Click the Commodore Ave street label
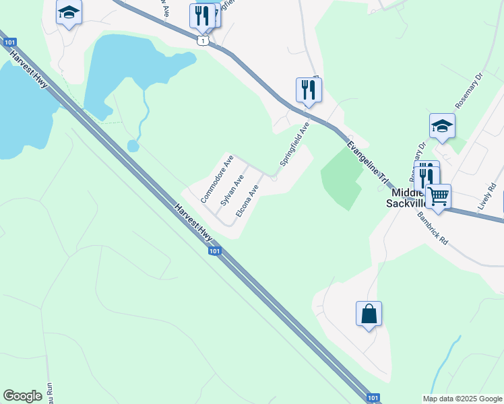click(217, 180)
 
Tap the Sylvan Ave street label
click(232, 192)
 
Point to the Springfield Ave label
click(294, 145)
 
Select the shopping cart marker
click(439, 197)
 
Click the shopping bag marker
click(369, 314)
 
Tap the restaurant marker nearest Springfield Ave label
click(309, 90)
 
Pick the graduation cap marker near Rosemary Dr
click(442, 126)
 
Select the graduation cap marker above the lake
click(69, 13)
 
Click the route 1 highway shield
click(203, 41)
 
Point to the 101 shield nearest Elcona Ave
click(214, 251)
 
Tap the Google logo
click(22, 396)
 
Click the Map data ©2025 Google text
click(462, 399)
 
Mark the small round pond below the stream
click(133, 145)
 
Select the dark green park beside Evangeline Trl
click(346, 176)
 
